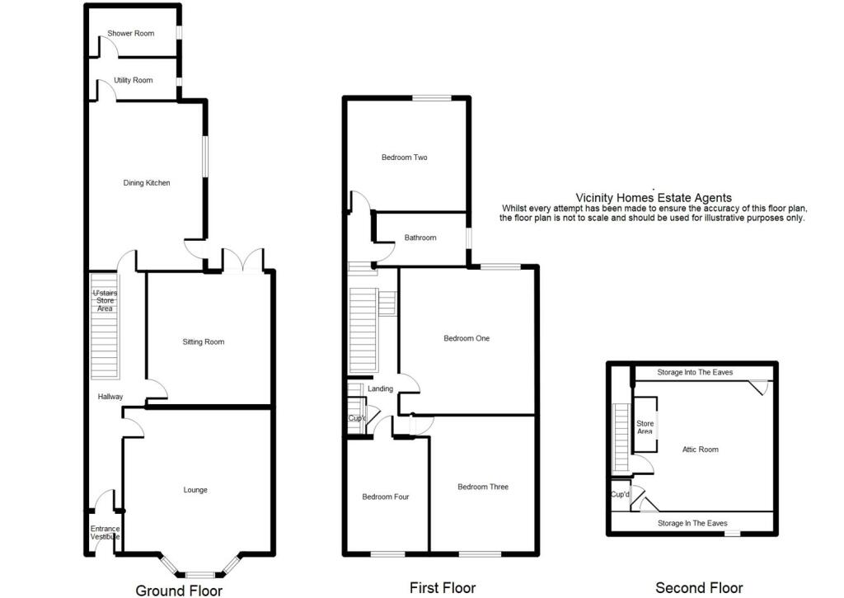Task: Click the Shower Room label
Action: (131, 34)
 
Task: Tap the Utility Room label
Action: (134, 80)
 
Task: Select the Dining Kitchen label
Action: (147, 182)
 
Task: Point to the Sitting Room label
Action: (204, 341)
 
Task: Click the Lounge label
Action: (195, 490)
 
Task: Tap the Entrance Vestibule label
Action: (105, 533)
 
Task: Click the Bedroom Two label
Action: (404, 158)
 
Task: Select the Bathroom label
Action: (420, 238)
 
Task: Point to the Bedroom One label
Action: (467, 338)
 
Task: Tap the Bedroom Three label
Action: (483, 487)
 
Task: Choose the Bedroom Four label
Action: (386, 497)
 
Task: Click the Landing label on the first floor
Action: (381, 388)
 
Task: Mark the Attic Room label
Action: (701, 450)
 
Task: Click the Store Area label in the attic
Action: (645, 427)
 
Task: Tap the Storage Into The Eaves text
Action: (695, 373)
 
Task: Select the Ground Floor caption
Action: (179, 590)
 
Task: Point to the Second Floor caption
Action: (699, 588)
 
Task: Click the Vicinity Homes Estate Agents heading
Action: (653, 197)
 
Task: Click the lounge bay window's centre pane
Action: (198, 574)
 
